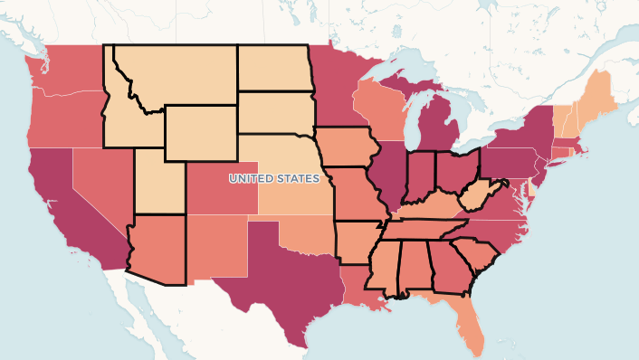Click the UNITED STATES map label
point(274,178)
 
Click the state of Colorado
point(222,185)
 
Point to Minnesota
point(339,86)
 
